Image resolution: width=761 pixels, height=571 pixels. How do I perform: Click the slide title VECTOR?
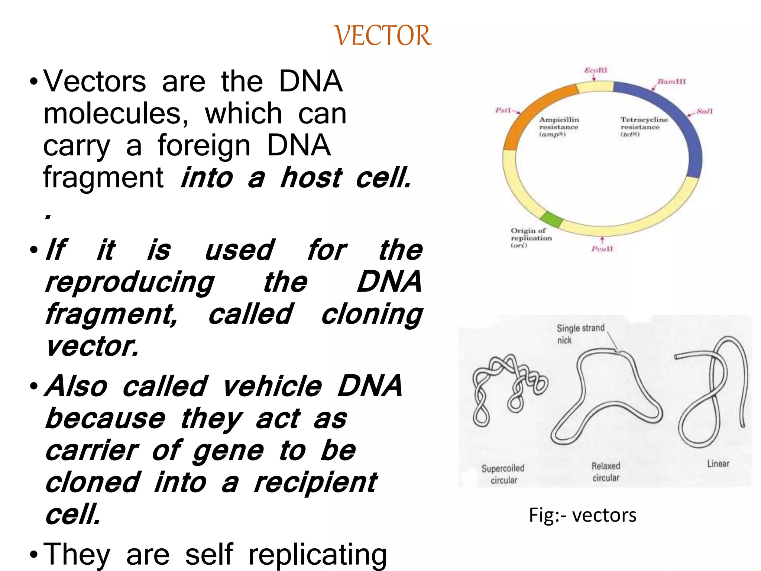click(x=383, y=36)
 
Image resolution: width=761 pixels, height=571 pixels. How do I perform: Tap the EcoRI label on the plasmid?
click(x=596, y=70)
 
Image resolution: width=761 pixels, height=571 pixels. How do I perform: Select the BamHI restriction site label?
click(x=671, y=81)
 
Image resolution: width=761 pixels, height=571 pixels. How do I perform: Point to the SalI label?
click(x=705, y=111)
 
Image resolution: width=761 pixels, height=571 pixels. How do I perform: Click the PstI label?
click(x=503, y=110)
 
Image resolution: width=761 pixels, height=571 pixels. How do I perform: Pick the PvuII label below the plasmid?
click(x=602, y=249)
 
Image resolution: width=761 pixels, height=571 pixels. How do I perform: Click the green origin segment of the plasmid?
click(x=551, y=219)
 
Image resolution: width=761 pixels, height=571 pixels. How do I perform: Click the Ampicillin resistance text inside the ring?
click(x=558, y=127)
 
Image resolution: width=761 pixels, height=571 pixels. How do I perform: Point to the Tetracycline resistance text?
click(x=644, y=127)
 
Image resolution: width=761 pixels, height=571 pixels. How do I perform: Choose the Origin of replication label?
click(x=531, y=238)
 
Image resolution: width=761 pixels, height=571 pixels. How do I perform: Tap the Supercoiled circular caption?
click(x=503, y=474)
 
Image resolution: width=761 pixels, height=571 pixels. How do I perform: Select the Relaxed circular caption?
click(x=606, y=472)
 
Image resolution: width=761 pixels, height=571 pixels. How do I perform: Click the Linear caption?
click(x=718, y=464)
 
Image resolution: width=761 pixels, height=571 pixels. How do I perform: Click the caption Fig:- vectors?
click(x=582, y=515)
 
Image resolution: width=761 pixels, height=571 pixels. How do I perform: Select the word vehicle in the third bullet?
click(x=272, y=387)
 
